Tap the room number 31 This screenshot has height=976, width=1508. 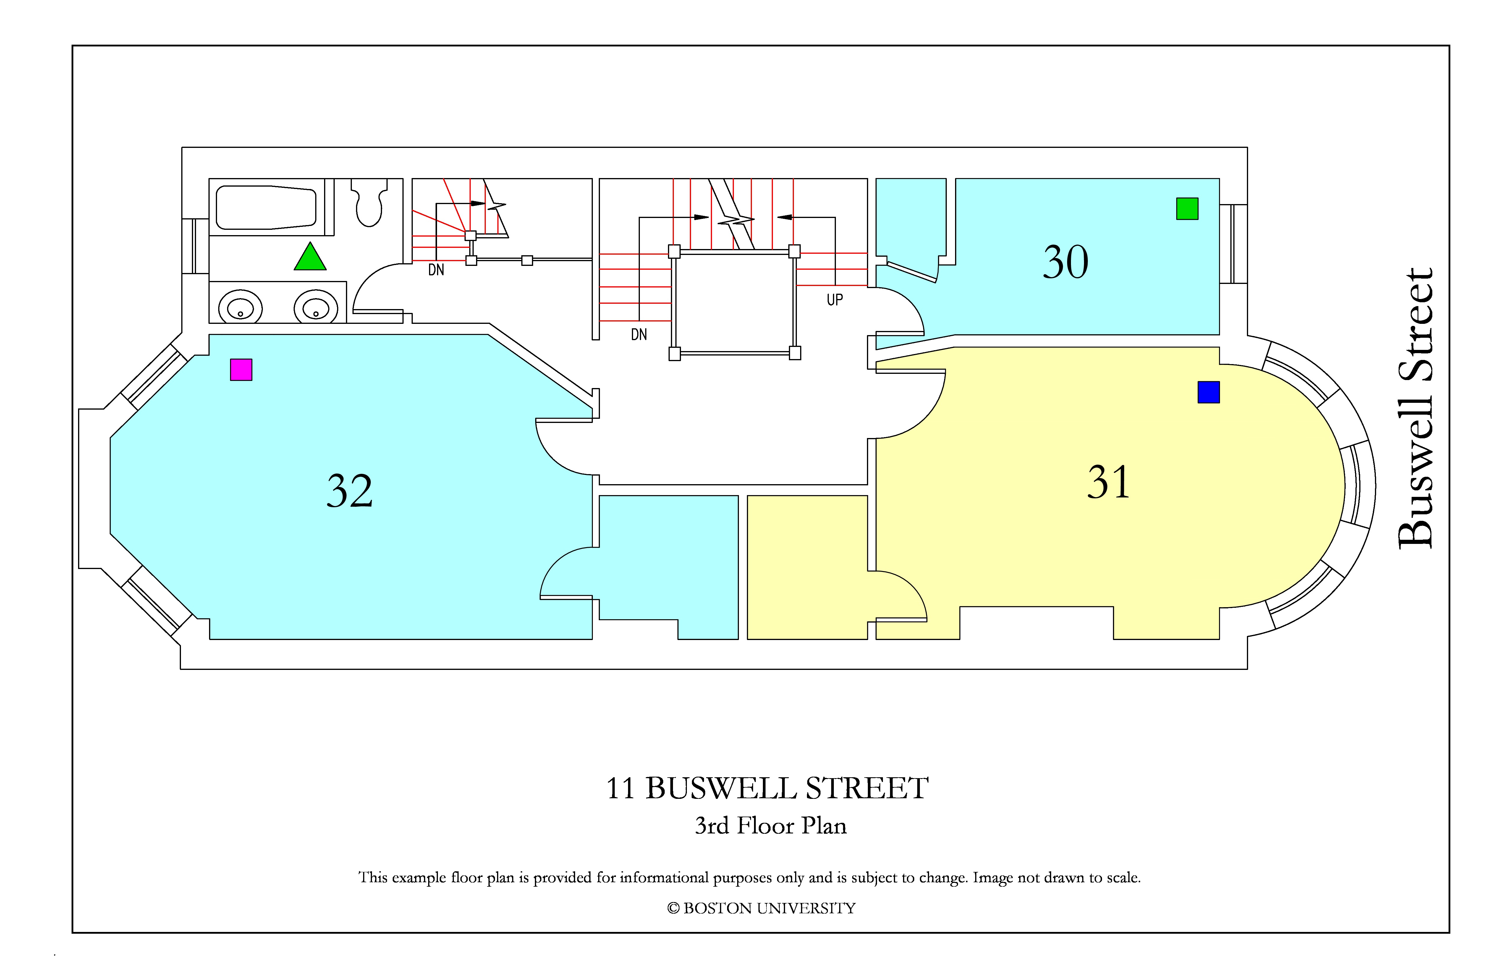pos(1108,482)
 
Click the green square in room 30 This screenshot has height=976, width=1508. pos(1187,209)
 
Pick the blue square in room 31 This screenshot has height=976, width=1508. pos(1208,392)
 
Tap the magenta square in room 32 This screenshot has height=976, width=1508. pos(241,369)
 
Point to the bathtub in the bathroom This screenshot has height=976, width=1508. pos(266,207)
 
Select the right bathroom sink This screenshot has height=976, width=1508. pos(315,308)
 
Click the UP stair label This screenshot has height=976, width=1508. pos(834,300)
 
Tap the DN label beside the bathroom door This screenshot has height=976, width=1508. pos(436,270)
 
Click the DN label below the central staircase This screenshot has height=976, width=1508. pos(639,335)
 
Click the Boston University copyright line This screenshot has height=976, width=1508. pos(761,908)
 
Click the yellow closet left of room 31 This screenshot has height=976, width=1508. pos(807,567)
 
